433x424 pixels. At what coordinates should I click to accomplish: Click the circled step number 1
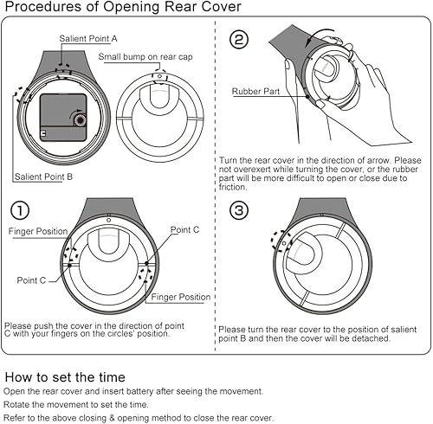coord(20,210)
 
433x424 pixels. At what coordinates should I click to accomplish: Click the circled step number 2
coord(239,40)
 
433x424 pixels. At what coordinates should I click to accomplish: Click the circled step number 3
coord(239,210)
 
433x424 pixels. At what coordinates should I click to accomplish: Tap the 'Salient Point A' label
coord(88,39)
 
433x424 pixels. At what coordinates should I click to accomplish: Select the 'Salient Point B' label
coord(43,177)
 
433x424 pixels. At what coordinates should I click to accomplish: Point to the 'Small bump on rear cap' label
coord(145,57)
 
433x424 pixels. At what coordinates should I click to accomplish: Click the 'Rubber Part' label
coord(255,92)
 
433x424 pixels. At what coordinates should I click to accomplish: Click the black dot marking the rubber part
coord(307,97)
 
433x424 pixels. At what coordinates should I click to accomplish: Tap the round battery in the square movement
coord(80,120)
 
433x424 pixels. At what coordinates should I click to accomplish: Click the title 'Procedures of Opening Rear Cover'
coord(123,7)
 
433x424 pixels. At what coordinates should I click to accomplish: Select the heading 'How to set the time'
coord(65,377)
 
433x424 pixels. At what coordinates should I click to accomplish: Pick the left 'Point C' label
coord(31,280)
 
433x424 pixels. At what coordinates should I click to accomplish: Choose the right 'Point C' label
coord(184,230)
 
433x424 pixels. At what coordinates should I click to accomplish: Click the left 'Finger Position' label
coord(38,231)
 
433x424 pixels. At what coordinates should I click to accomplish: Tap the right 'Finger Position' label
coord(181,297)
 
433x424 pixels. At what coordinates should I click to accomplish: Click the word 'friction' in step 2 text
coord(233,187)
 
